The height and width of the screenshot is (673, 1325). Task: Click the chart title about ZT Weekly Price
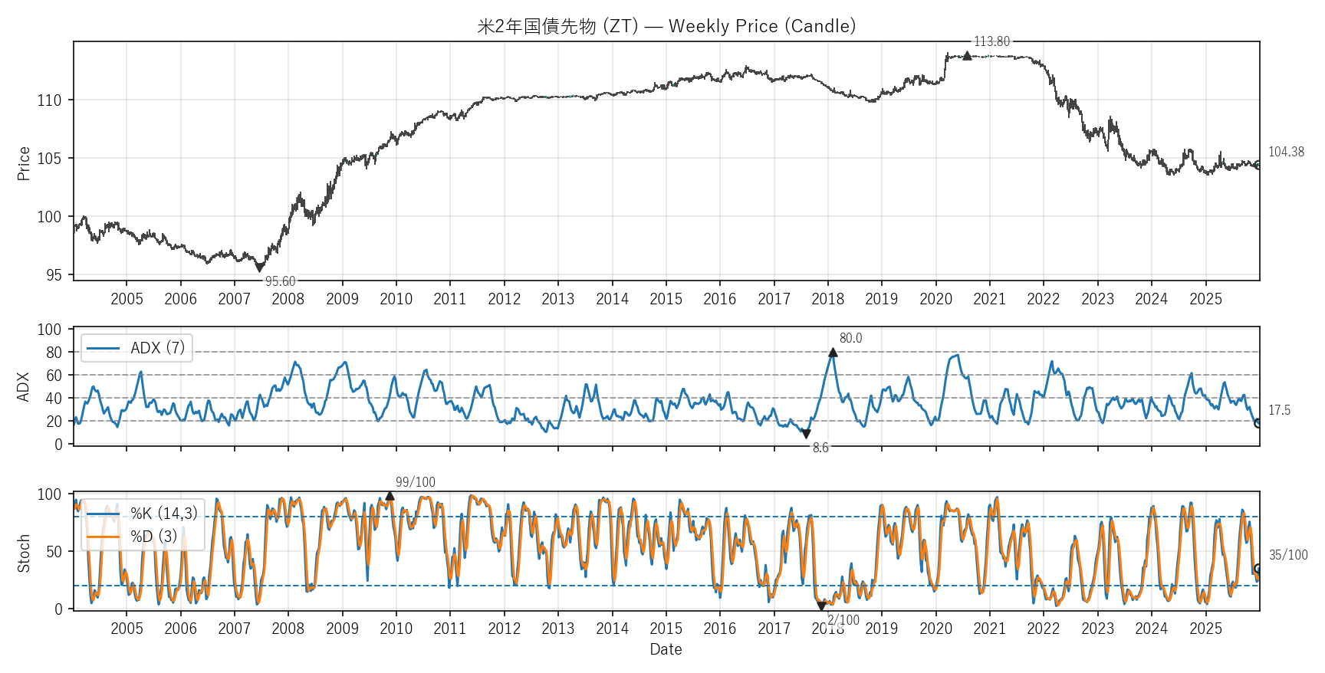(x=666, y=26)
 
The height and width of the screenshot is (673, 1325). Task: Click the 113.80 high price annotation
(x=991, y=41)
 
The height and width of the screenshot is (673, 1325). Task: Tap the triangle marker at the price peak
(x=967, y=55)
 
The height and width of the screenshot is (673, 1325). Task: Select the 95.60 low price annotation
(x=280, y=281)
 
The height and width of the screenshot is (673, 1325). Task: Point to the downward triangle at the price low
(x=259, y=268)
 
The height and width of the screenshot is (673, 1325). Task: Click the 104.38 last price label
(x=1285, y=152)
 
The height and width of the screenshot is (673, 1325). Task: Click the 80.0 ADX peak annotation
(x=850, y=338)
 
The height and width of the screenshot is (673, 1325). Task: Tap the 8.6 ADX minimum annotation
(x=820, y=448)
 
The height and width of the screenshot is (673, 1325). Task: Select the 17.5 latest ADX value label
(x=1279, y=410)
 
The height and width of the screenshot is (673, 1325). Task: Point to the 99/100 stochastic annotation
(x=415, y=482)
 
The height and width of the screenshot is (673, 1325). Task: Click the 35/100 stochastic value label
(x=1288, y=555)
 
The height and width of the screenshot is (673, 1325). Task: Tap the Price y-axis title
(x=24, y=163)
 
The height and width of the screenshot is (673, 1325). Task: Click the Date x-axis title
(x=666, y=649)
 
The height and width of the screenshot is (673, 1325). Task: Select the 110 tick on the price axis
(x=49, y=100)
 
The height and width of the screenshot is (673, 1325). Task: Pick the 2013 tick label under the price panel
(x=557, y=299)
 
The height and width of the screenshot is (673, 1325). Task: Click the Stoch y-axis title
(x=24, y=553)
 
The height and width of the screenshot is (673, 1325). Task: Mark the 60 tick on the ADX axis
(x=54, y=375)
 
